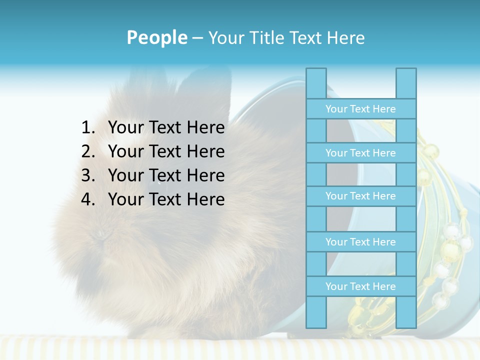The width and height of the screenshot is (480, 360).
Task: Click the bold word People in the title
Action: [x=156, y=37]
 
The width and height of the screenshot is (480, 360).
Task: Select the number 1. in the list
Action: [x=88, y=127]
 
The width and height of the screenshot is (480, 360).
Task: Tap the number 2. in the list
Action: [x=88, y=151]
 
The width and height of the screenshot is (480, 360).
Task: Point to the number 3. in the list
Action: [x=88, y=175]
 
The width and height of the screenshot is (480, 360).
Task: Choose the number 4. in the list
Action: [x=88, y=199]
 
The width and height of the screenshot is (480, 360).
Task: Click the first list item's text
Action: [x=166, y=127]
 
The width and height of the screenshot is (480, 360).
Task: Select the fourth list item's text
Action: [x=166, y=199]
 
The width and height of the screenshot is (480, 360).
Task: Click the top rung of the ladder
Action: [x=360, y=108]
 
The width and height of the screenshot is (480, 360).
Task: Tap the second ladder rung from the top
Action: [x=360, y=152]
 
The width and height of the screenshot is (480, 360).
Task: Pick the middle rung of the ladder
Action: [x=360, y=196]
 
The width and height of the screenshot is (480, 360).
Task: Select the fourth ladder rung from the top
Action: [x=360, y=241]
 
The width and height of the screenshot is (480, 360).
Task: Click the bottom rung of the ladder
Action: [x=360, y=286]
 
